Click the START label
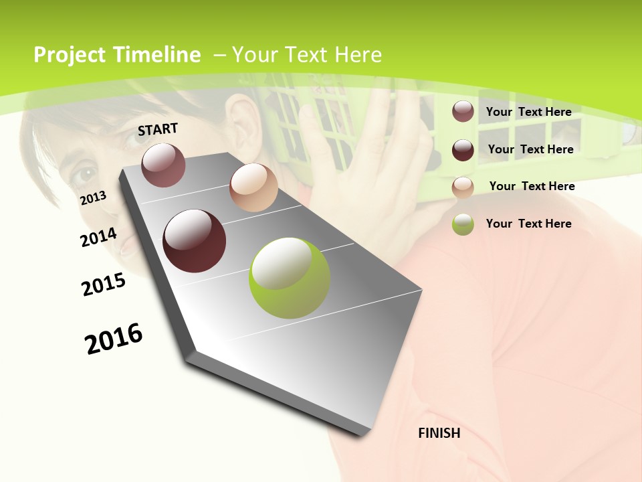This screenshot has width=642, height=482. (158, 129)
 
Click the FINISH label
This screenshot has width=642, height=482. (439, 433)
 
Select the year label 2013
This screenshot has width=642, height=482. (94, 197)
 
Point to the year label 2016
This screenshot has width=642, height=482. (114, 339)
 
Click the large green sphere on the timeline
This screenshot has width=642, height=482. (290, 278)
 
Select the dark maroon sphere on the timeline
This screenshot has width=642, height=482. (195, 241)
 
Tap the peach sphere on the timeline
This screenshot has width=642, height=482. (253, 187)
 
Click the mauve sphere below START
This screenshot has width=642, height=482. (163, 165)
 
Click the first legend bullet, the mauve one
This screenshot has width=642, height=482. (463, 112)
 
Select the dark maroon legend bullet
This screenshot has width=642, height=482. (463, 150)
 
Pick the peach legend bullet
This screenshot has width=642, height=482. (463, 187)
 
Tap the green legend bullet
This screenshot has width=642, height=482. (463, 224)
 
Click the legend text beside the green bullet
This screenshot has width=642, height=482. (528, 224)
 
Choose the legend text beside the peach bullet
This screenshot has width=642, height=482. (532, 186)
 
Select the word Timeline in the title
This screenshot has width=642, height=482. (157, 55)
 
